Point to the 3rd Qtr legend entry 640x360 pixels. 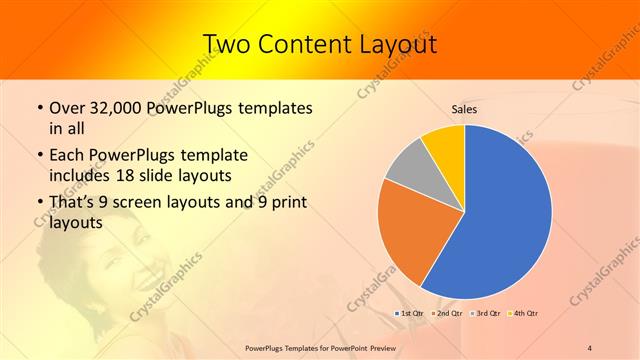(487, 314)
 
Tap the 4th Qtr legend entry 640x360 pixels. (524, 314)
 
